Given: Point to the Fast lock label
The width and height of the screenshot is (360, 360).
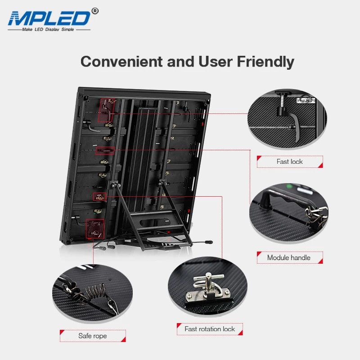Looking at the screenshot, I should pos(290,162).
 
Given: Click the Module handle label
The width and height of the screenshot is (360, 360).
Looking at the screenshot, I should pos(289,257).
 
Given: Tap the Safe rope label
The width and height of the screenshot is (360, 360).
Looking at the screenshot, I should pos(92,336).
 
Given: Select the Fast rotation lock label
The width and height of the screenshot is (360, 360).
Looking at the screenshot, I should pos(210,329).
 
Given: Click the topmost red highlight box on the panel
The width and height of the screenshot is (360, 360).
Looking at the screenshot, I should pos(107,110).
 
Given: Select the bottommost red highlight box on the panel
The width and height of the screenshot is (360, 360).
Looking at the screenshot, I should pos(94,229).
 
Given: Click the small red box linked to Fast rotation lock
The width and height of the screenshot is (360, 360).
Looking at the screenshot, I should pos(99,196).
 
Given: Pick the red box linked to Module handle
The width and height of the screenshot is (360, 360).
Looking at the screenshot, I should pos(105,150).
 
